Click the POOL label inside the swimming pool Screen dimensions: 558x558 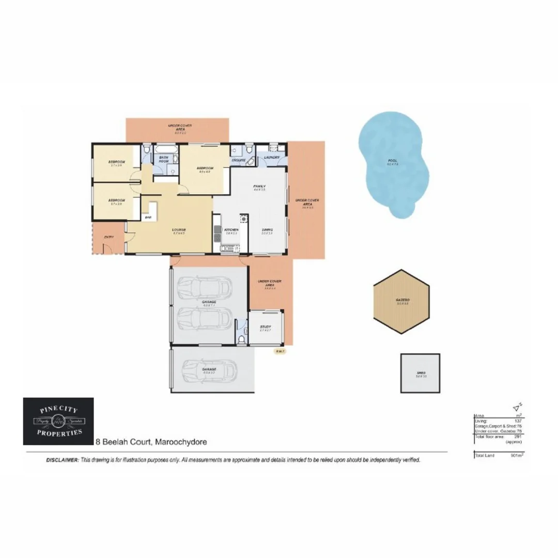coord(393,161)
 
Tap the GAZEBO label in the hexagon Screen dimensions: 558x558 coord(403,300)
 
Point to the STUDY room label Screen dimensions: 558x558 coord(266,327)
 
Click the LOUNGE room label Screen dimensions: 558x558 coord(179,229)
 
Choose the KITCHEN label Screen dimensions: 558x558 coord(231,229)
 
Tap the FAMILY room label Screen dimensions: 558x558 coord(259,186)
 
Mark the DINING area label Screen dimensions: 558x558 coord(267,229)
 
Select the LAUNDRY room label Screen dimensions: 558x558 coord(272,157)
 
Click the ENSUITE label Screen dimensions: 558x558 coord(239,161)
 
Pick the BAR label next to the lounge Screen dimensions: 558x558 coord(148,218)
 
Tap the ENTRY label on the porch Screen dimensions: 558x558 coord(109,237)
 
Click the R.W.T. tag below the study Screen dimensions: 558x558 coord(280,351)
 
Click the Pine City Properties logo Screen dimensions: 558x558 coord(58,421)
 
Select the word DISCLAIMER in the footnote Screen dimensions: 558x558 coord(63,459)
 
